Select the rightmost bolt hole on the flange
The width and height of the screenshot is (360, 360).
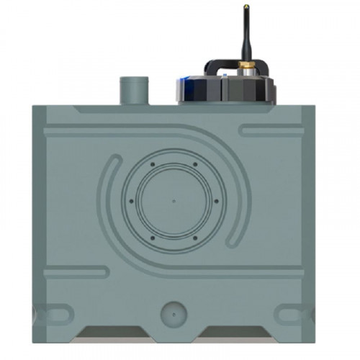(x=217, y=200)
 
